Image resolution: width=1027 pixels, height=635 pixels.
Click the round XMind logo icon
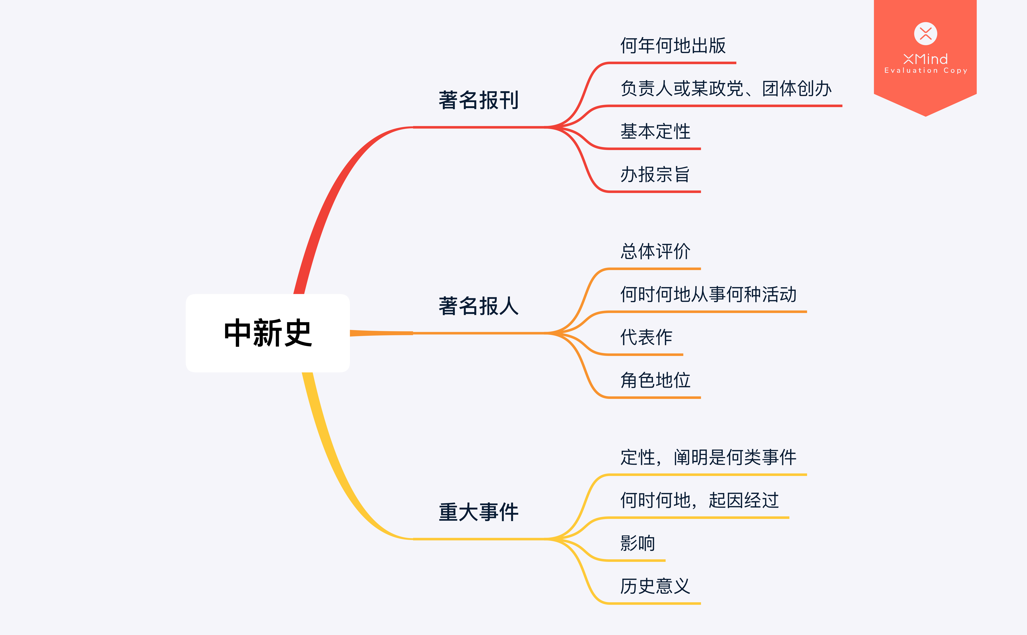tap(925, 34)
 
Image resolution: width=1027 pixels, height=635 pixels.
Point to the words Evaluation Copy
tap(925, 71)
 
